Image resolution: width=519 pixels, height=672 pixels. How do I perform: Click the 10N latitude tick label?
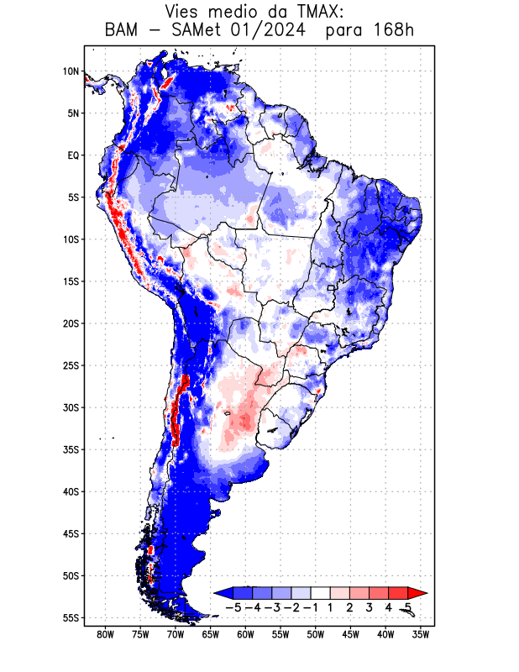click(71, 71)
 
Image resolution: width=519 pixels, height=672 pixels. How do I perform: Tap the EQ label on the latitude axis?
click(72, 155)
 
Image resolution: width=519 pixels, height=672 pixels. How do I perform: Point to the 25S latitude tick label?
click(71, 365)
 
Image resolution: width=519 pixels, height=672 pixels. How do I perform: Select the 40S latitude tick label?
click(71, 491)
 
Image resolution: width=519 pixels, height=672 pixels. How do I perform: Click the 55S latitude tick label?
click(71, 617)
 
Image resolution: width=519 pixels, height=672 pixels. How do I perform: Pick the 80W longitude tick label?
click(106, 634)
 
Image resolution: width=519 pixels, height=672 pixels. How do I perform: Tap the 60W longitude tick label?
click(246, 634)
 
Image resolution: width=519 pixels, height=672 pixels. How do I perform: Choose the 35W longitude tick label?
click(421, 634)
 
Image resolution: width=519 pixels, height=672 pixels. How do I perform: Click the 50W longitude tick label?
click(316, 634)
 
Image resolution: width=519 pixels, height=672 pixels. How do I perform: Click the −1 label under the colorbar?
click(311, 606)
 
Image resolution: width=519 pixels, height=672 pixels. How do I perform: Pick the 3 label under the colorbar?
click(369, 606)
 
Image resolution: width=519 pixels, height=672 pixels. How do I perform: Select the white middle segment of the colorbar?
click(320, 593)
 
